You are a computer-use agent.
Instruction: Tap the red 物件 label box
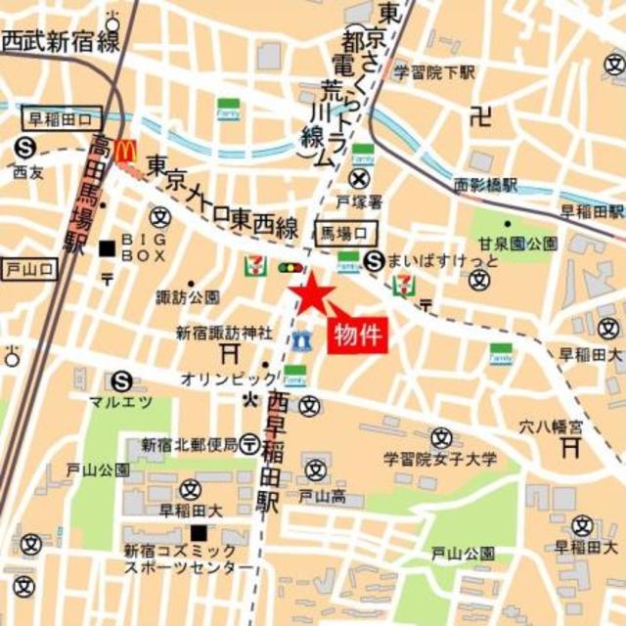[358, 335]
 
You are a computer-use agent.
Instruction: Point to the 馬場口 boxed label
[348, 233]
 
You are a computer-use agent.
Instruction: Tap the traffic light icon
[291, 267]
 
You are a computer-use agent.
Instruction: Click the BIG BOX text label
[145, 247]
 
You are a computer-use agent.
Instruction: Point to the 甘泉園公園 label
[518, 244]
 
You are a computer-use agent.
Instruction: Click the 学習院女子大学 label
[440, 459]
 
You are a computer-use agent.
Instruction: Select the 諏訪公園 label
[190, 296]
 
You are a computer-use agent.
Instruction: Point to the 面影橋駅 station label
[486, 182]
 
